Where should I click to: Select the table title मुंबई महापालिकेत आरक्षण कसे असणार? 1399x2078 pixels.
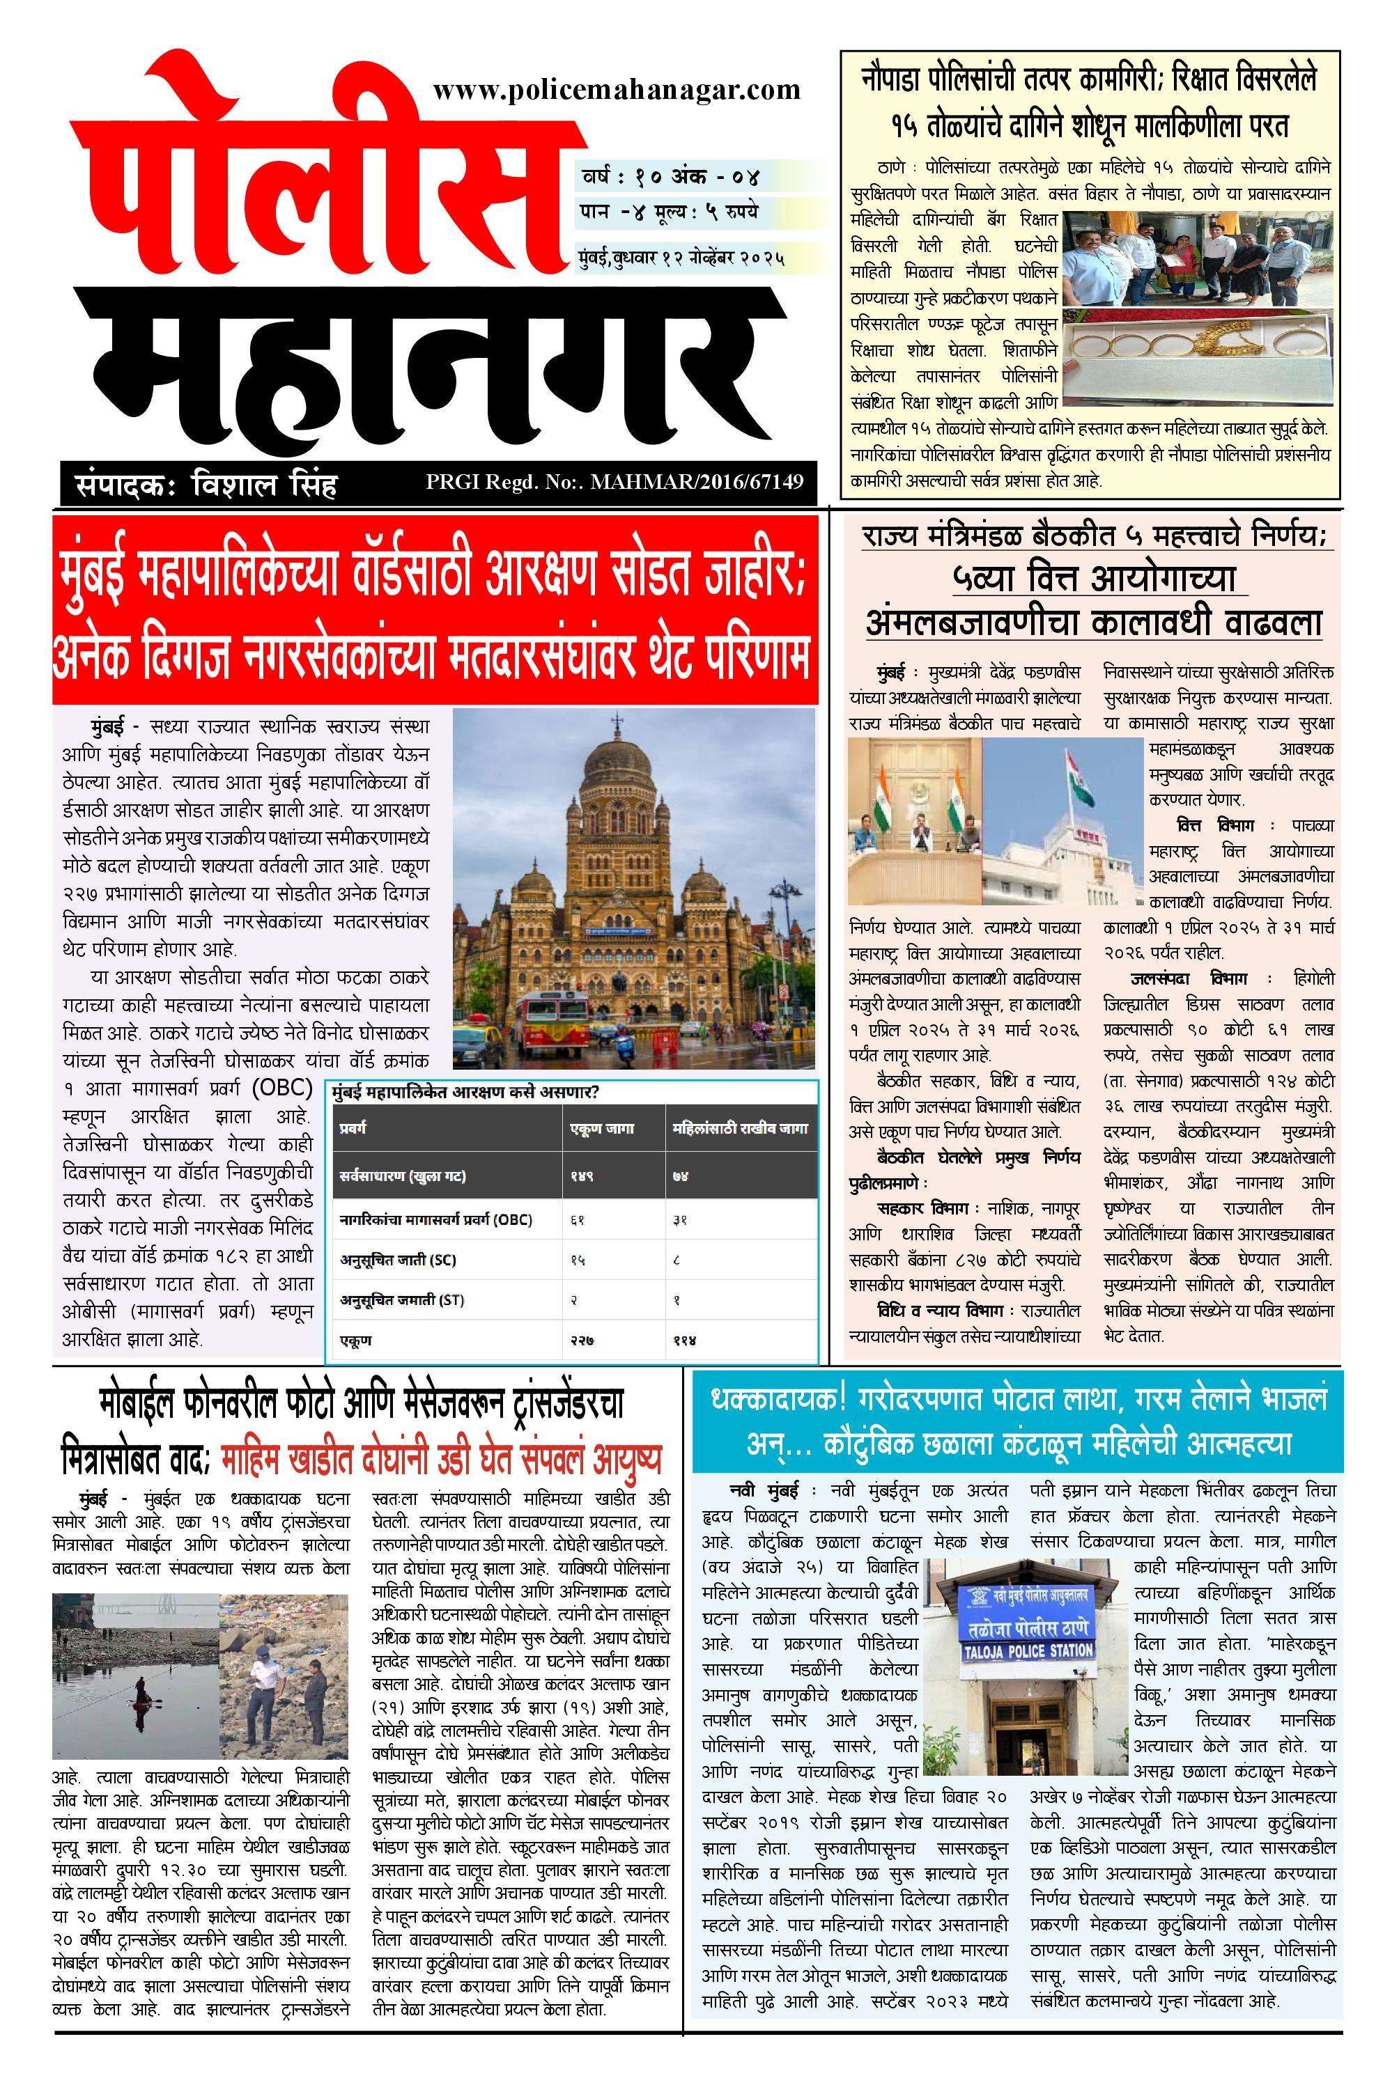click(464, 1093)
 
